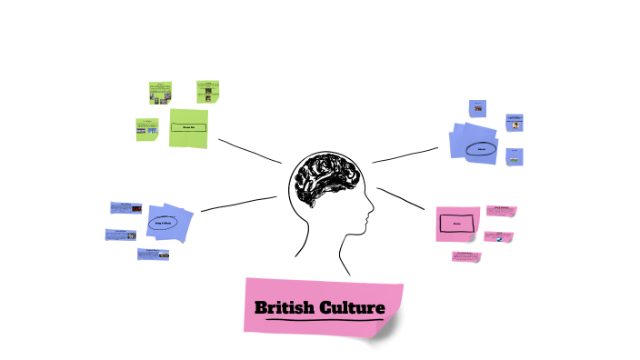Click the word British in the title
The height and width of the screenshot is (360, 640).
click(x=282, y=308)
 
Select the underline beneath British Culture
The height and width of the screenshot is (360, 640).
click(x=319, y=320)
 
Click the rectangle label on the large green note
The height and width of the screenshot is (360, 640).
click(x=188, y=126)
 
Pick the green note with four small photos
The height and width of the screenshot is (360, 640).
click(x=161, y=92)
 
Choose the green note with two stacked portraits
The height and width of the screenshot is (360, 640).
click(x=208, y=91)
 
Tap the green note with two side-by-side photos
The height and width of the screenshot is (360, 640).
click(x=147, y=129)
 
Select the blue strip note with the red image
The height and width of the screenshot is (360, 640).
click(x=153, y=255)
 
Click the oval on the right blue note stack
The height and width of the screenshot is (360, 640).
click(x=481, y=148)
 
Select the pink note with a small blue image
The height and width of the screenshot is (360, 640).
click(x=498, y=237)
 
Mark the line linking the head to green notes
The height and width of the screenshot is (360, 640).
click(x=249, y=151)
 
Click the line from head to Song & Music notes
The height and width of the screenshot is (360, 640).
click(x=238, y=204)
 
